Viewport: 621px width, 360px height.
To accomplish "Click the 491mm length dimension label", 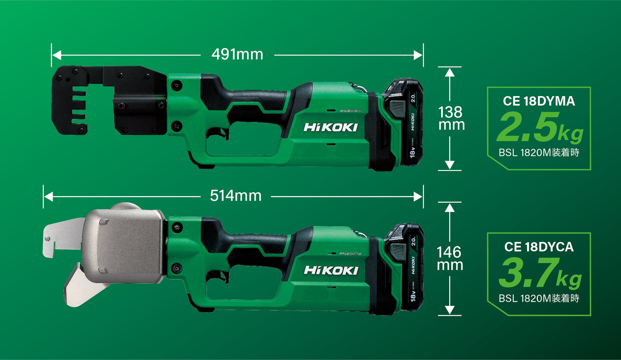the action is click(237, 54).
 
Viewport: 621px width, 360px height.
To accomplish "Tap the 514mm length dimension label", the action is click(236, 196).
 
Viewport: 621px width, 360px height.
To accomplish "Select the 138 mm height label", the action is click(451, 118).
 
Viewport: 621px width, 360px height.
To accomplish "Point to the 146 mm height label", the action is click(450, 258).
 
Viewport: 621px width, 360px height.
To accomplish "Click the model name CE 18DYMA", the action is click(539, 101).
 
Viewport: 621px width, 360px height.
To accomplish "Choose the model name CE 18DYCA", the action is click(539, 247).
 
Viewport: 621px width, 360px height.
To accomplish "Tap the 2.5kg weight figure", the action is click(540, 127).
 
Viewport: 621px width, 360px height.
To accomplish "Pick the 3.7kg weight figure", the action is click(540, 273).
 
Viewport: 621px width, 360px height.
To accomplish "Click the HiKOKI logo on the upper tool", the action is click(331, 127).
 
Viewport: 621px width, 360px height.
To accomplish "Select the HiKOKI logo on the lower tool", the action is click(331, 270).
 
